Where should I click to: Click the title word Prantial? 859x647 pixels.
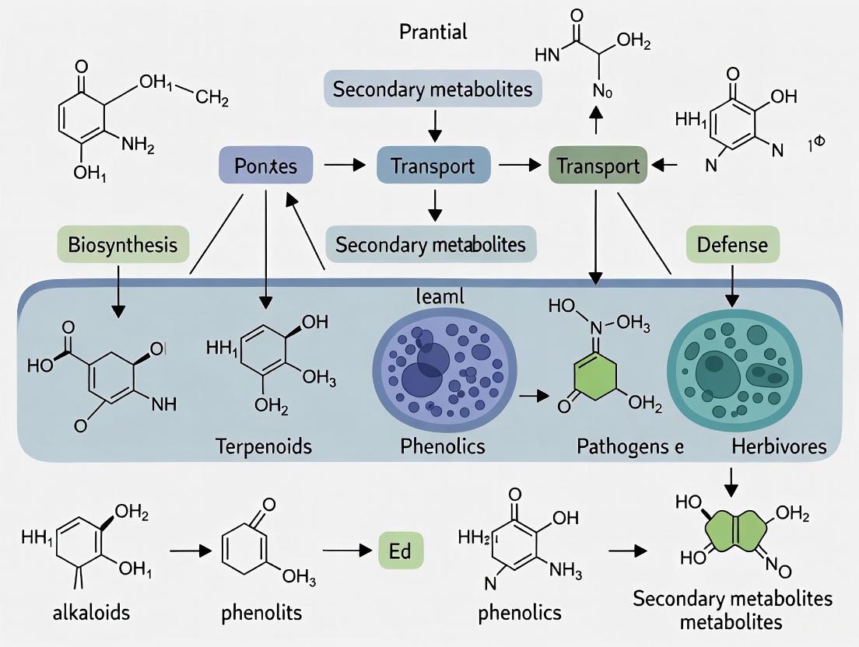[433, 32]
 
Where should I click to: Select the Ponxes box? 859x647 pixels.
[265, 166]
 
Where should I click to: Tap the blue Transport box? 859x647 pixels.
[433, 166]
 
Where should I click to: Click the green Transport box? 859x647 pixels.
[595, 166]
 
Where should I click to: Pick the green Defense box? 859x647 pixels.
[731, 246]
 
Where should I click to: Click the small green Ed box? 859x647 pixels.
[401, 552]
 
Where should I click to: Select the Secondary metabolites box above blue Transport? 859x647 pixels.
[433, 89]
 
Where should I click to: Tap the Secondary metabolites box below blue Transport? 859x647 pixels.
[430, 245]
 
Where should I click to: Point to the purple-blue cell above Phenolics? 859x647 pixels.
[440, 363]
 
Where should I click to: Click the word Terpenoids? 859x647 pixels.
[264, 446]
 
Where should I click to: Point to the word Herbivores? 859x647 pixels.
[778, 446]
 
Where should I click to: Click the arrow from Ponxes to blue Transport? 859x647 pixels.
[343, 165]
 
